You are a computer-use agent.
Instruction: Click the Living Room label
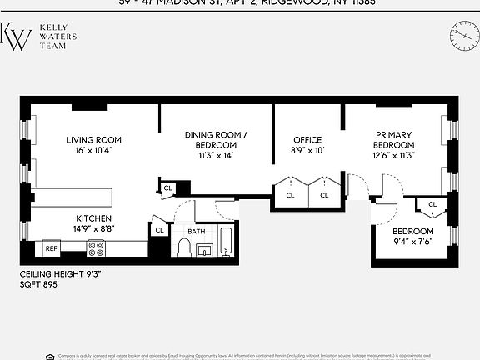94,139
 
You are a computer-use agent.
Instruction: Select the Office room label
307,139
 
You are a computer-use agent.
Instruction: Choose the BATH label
197,232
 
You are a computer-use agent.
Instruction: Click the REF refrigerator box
52,248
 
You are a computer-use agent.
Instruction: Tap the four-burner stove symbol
96,247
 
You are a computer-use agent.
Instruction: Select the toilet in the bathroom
184,247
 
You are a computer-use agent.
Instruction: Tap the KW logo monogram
16,37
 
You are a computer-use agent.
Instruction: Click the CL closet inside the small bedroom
432,204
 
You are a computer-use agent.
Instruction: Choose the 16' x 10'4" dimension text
94,151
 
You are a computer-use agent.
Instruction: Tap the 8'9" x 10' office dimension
307,151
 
